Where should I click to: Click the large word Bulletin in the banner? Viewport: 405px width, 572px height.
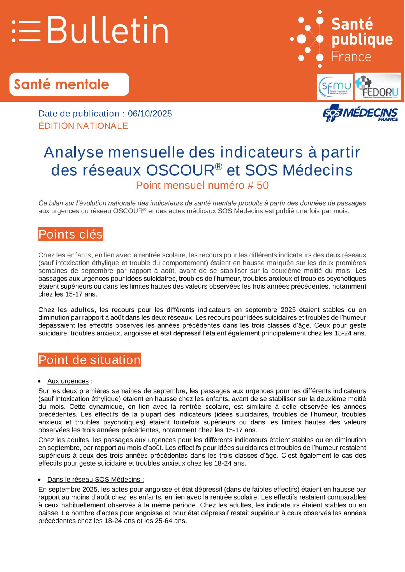108,30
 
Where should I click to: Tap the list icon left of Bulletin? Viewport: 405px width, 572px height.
26,31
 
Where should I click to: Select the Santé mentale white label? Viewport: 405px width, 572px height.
69,84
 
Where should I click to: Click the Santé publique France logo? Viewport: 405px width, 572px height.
342,39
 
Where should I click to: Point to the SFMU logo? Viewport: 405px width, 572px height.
335,87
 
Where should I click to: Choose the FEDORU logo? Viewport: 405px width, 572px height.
378,87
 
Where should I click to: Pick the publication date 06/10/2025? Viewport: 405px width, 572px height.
150,114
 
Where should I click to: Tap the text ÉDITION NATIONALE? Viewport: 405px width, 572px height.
83,126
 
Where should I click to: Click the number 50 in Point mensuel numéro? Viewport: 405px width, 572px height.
262,186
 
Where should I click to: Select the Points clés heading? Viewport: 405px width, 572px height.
70,234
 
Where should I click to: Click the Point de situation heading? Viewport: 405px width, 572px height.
90,360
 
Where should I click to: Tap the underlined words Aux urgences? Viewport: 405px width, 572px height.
68,381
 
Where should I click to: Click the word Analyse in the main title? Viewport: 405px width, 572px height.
74,152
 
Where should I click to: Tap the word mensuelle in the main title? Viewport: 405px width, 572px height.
146,152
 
